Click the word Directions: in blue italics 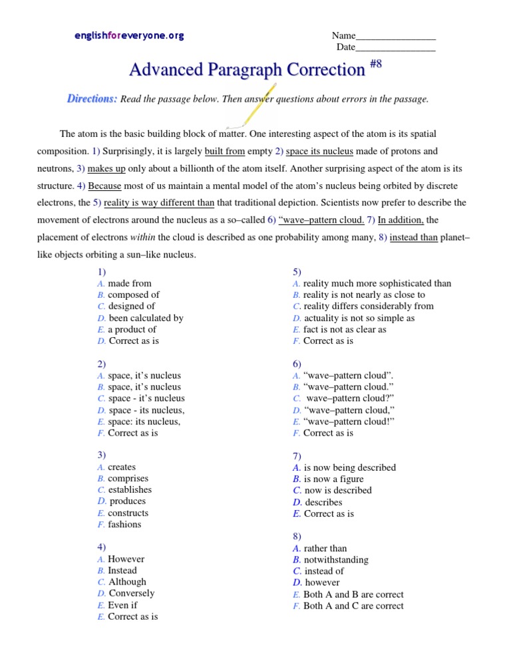[92, 99]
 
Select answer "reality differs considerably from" [368, 307]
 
